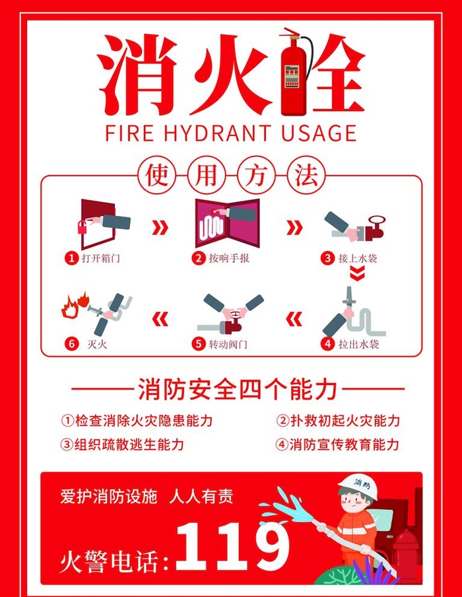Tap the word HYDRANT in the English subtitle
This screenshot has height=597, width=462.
point(218,133)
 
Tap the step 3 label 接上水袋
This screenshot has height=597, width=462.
point(358,258)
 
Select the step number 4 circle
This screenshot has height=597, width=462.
point(327,343)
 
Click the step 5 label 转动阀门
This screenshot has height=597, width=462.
point(228,343)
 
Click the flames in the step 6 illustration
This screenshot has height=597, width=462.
point(73,306)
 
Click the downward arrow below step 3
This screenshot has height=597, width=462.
point(356,273)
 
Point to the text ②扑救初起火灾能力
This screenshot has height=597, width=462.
point(337,421)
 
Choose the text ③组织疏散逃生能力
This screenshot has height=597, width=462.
point(123,444)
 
